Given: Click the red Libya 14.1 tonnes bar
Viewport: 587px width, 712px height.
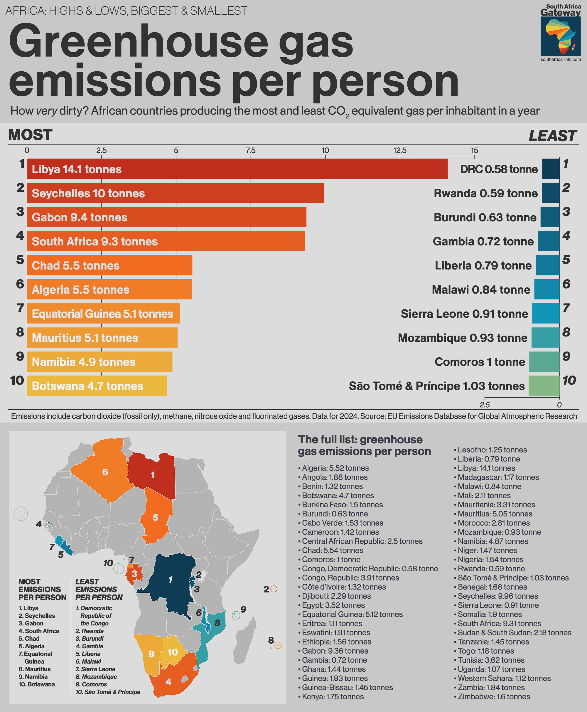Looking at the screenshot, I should point(237,169).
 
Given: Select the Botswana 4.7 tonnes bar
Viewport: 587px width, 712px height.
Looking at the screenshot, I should point(97,386).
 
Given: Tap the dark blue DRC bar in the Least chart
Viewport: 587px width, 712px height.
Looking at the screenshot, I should point(551,169).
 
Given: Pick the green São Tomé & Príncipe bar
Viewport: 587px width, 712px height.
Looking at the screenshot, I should point(544,386).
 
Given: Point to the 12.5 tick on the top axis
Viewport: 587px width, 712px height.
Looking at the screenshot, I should point(400,151).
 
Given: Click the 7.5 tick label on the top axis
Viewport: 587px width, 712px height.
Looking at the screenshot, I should point(251,151).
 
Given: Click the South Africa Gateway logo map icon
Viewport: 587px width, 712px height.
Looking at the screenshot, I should point(560,36).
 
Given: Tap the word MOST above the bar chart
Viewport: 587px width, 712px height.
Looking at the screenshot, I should point(30,135).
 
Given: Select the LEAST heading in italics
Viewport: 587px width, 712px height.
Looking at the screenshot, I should point(552,136).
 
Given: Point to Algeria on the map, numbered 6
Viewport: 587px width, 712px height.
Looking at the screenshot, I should point(105,472).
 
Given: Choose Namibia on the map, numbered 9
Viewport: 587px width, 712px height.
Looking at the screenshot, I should point(151,654).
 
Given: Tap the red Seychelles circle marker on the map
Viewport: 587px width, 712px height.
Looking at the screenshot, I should point(274,589).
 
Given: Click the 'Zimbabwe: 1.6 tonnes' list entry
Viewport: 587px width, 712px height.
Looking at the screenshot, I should point(494,696).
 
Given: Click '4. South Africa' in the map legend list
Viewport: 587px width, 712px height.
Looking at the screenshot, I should point(39,631).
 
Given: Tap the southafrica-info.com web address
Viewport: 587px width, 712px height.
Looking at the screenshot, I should point(561,60).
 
